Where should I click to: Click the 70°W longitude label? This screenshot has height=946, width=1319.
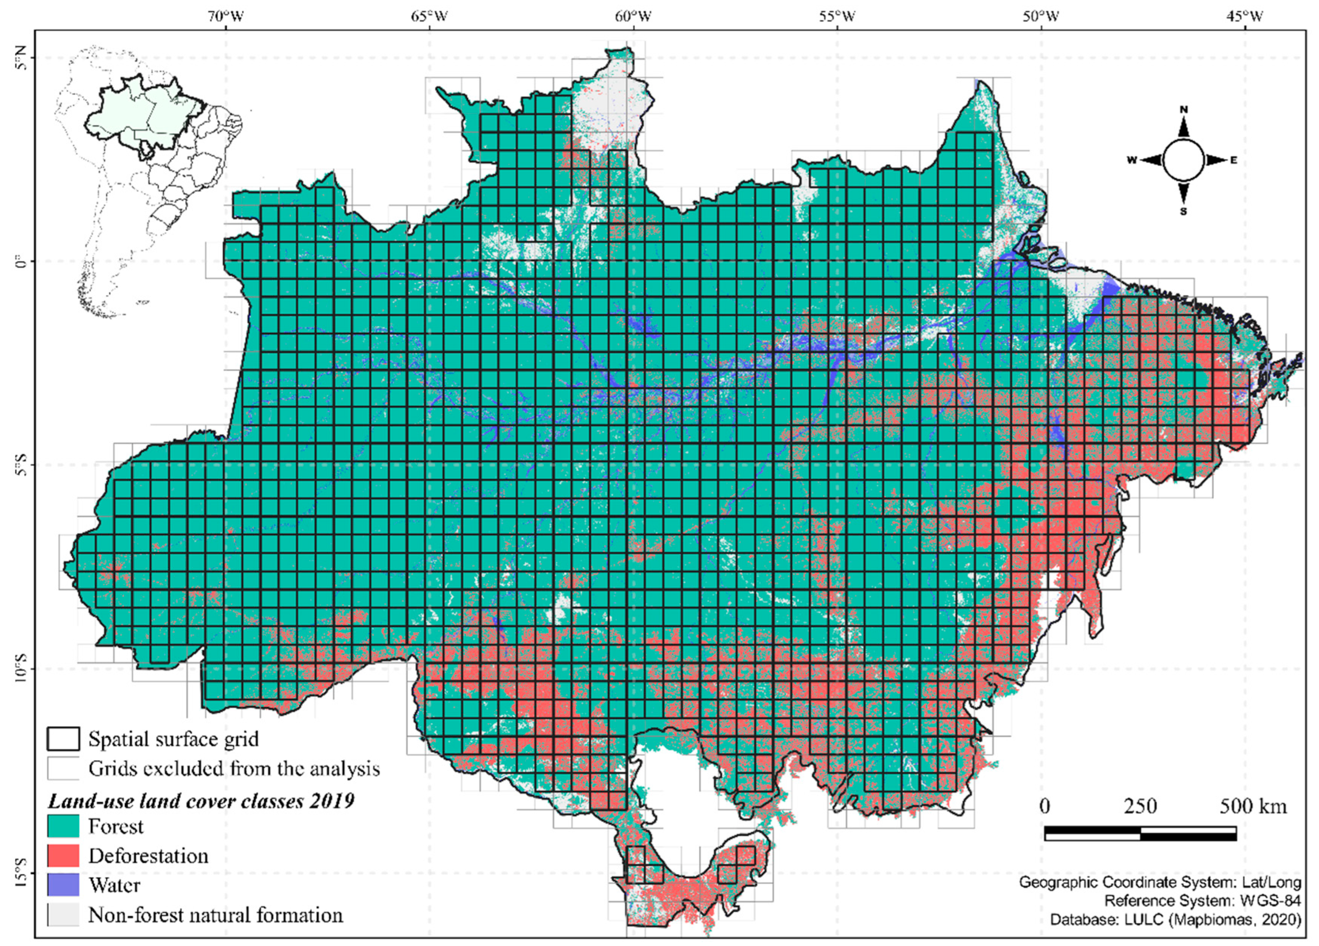click(225, 16)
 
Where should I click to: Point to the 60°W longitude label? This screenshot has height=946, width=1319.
click(633, 16)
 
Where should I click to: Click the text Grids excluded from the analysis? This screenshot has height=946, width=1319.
click(234, 769)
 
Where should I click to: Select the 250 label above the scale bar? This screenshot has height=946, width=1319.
click(1140, 806)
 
